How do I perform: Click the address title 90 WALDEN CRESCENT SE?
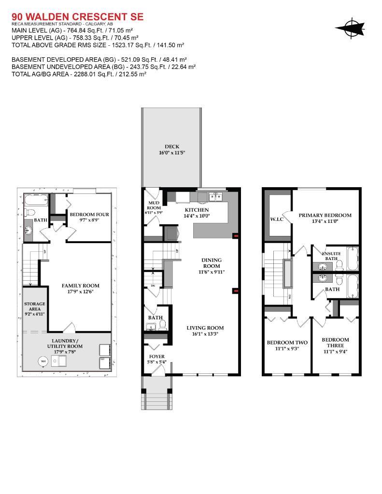(x=77, y=17)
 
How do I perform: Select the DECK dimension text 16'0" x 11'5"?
(x=172, y=152)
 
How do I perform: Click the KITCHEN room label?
(x=197, y=210)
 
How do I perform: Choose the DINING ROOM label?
(x=212, y=262)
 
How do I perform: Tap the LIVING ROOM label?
(x=205, y=328)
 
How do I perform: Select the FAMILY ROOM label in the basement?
(x=80, y=286)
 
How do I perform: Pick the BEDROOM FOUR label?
(x=89, y=215)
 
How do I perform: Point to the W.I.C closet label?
(x=277, y=220)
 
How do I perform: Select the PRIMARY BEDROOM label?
(x=325, y=215)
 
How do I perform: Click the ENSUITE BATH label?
(x=331, y=256)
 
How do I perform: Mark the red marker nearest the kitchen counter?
(x=235, y=236)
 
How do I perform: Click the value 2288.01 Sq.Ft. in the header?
(x=90, y=74)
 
